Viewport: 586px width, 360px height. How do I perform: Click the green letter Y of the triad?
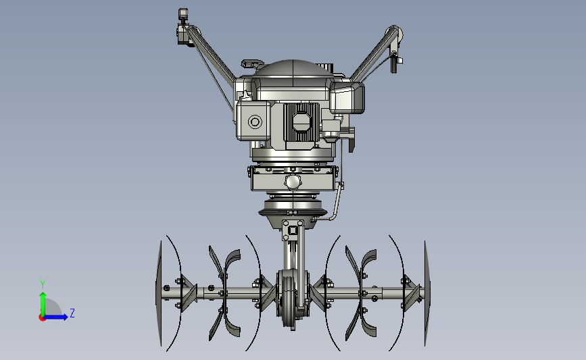[43, 284]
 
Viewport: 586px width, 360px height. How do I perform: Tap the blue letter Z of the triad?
[72, 313]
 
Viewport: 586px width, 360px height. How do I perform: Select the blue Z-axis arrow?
[55, 317]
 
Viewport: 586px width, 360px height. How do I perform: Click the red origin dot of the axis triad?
[42, 318]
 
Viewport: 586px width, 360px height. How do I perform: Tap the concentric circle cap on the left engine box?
[255, 122]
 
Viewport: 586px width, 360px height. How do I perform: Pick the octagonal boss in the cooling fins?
[301, 122]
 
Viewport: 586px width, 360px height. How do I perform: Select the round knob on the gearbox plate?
[292, 182]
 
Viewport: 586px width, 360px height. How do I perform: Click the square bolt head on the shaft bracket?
[293, 230]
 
